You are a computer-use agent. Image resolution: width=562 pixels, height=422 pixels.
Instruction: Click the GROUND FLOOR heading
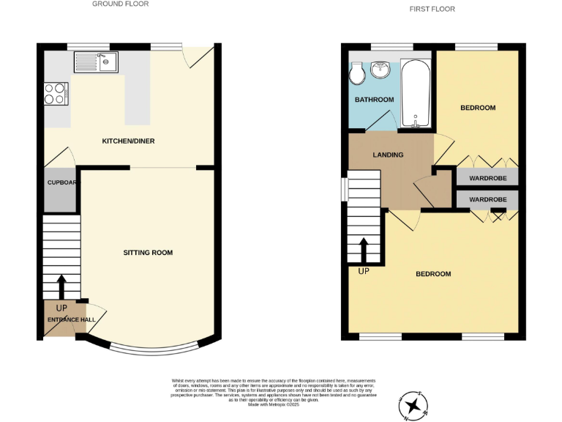coord(120,4)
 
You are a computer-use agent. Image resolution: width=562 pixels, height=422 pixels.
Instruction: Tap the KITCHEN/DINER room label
coord(128,141)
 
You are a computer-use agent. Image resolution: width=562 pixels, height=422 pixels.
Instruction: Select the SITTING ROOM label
coord(148,253)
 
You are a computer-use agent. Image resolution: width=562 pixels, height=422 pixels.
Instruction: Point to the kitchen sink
coord(95,62)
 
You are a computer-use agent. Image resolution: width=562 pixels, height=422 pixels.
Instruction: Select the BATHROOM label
coord(375,100)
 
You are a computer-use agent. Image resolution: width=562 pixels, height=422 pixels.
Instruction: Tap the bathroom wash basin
coord(381,70)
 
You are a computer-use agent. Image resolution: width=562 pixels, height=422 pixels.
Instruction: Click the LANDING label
coord(388,155)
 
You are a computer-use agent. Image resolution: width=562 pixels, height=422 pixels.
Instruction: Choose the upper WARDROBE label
coord(488,177)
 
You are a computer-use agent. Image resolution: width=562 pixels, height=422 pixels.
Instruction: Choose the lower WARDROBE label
coord(488,199)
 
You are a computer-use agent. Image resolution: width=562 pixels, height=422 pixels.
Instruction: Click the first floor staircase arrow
coord(364,251)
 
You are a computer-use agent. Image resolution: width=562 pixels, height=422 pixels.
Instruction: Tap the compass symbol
coord(413,404)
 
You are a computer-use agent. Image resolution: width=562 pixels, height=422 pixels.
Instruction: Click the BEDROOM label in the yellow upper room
coord(478,108)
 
